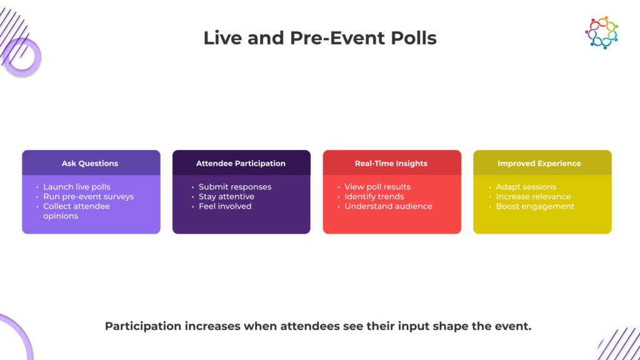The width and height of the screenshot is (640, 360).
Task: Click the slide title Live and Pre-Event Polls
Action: tap(319, 38)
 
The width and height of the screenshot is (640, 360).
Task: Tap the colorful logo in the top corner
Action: tap(601, 32)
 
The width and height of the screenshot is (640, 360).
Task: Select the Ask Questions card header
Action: tap(90, 163)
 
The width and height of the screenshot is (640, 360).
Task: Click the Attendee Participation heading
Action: tap(241, 163)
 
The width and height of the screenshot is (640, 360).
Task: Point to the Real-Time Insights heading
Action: tap(391, 163)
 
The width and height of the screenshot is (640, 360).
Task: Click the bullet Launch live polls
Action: tap(77, 187)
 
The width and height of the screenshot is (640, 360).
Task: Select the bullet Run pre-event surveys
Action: tap(88, 196)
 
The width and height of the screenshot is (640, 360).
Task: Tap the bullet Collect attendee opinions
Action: tap(76, 211)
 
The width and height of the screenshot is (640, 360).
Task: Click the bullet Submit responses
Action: tap(235, 187)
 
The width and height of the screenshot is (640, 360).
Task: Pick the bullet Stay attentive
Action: tap(226, 196)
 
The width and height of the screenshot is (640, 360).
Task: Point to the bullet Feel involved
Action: tap(225, 206)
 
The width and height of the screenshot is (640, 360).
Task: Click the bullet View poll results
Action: tap(377, 187)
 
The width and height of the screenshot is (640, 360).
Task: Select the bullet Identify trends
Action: tap(374, 196)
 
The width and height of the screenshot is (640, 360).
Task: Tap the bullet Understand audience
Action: tap(388, 206)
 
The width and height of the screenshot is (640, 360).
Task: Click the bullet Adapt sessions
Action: tap(526, 187)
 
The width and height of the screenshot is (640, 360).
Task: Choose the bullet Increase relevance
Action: tap(533, 196)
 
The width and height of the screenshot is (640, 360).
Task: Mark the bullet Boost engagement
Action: tap(535, 206)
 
